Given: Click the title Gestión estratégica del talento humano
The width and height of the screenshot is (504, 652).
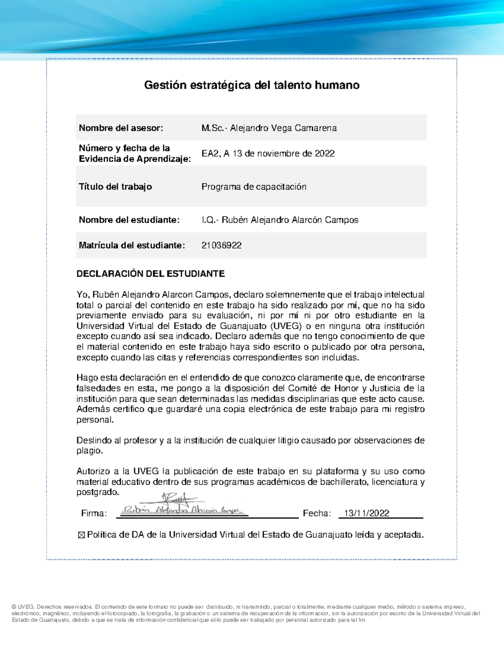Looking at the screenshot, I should [x=252, y=85].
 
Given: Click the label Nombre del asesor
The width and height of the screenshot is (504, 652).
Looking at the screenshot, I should [x=121, y=128].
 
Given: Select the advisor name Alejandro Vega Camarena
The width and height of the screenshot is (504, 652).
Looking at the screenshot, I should [x=269, y=128].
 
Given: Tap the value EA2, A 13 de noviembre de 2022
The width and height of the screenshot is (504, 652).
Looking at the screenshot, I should [x=268, y=154].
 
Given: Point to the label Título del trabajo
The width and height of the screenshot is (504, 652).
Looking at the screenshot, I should [x=115, y=187].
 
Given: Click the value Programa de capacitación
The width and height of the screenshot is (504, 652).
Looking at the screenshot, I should [x=254, y=187].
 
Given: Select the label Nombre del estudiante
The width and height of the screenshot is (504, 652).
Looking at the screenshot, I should [x=129, y=220].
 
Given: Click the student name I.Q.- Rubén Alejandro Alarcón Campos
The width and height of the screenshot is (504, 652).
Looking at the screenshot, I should [x=280, y=220].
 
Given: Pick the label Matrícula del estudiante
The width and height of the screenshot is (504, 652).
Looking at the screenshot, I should [x=131, y=246].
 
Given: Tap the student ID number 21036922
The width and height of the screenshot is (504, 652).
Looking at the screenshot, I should [x=221, y=246].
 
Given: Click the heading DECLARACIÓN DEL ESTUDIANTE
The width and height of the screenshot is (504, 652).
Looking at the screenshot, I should [x=150, y=274].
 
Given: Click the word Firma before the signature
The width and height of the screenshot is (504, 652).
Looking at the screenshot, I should [x=94, y=513].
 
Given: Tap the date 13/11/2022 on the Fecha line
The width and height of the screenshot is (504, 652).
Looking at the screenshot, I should [x=366, y=513].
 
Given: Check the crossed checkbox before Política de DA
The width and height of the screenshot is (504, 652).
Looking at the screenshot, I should [x=81, y=535].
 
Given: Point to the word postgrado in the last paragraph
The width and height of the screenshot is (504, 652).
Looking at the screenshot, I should [x=97, y=492].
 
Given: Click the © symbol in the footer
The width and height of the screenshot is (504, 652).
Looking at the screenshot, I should [x=14, y=607].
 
